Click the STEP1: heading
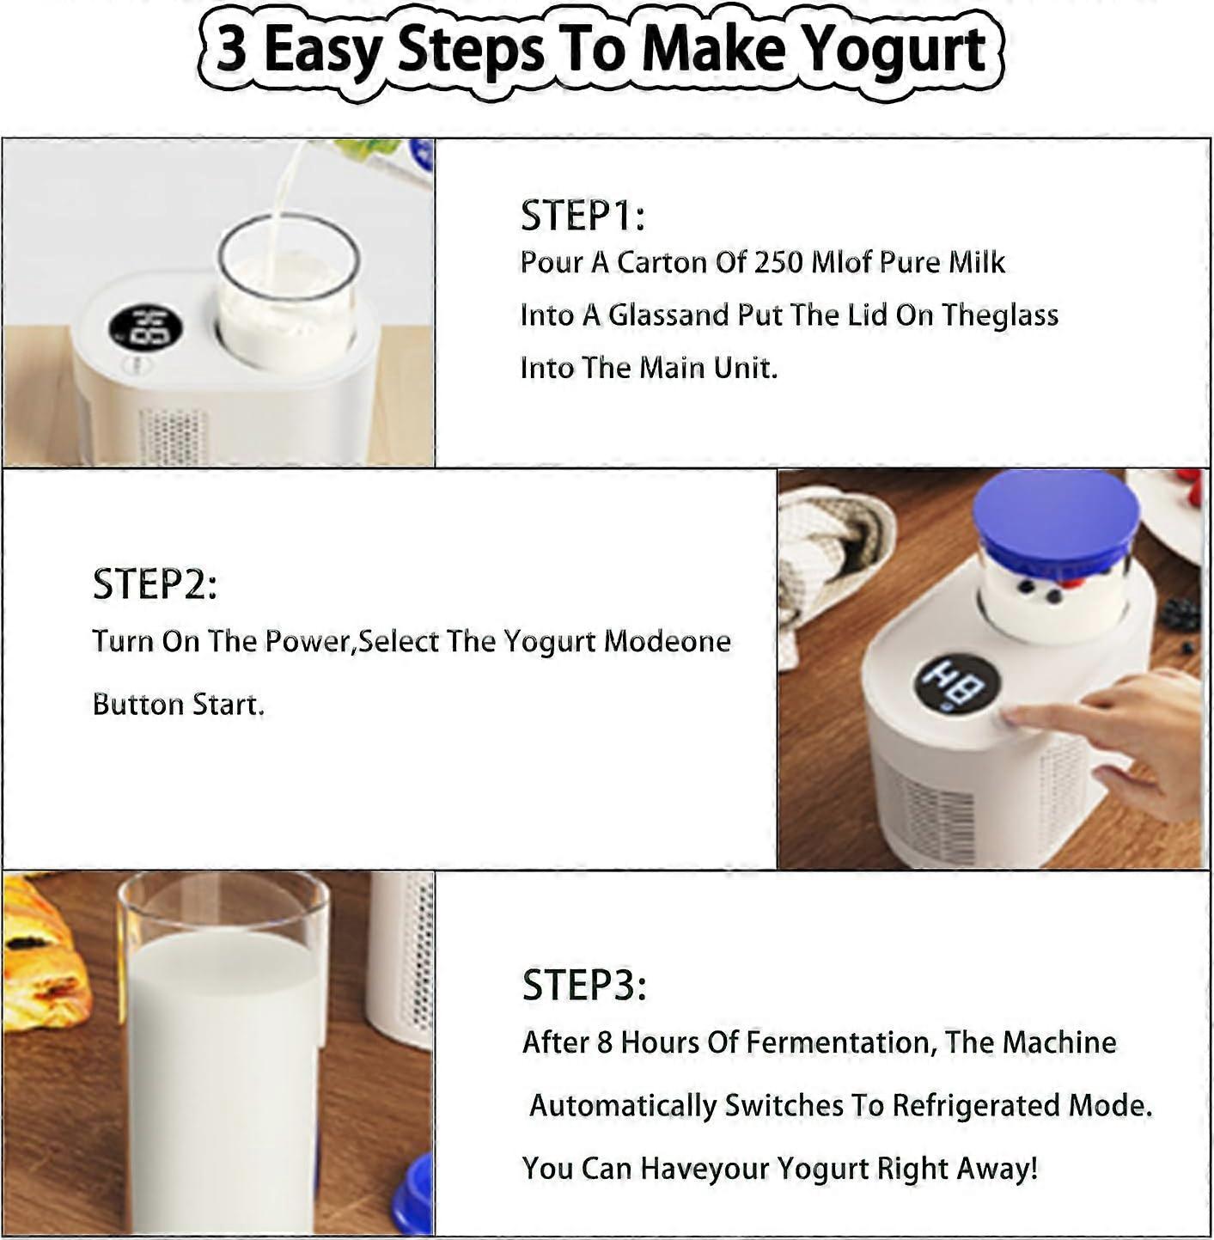[582, 215]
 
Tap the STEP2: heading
[155, 584]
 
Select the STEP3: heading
[584, 985]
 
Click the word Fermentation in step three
[839, 1042]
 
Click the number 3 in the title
[230, 49]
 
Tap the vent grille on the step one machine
[172, 437]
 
